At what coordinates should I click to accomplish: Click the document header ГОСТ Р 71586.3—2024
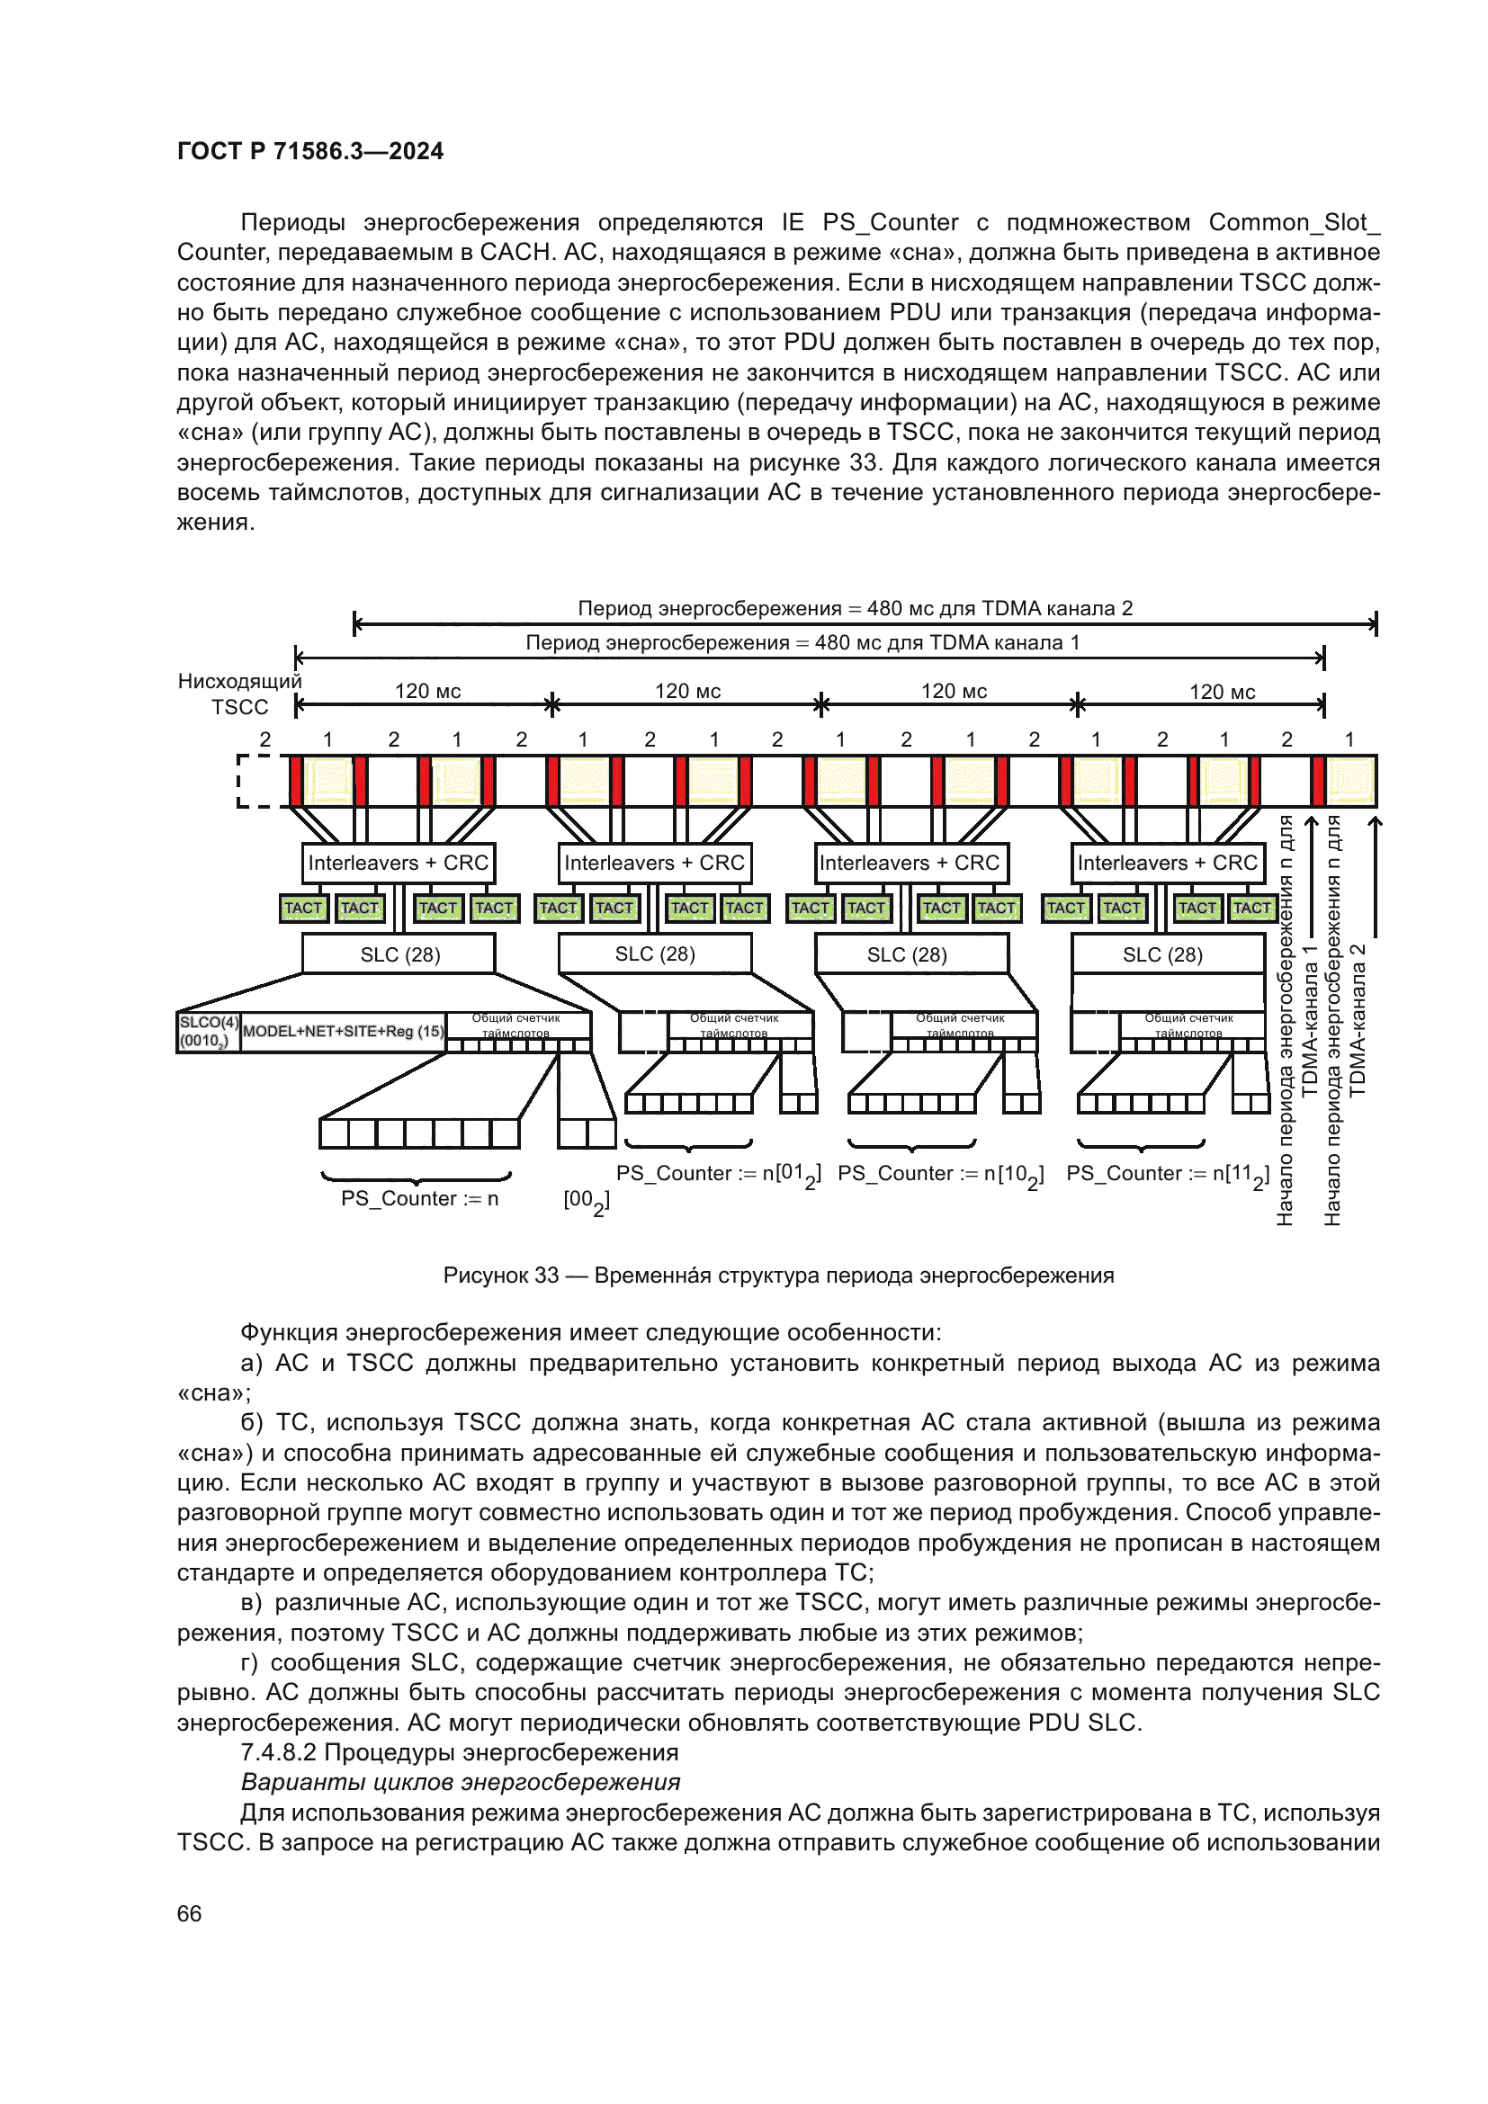(309, 151)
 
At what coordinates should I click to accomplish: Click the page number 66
(189, 1913)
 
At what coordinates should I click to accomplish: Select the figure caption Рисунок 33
(778, 1276)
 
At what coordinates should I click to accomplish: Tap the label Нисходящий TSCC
(239, 694)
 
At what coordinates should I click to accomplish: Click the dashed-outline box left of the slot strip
(259, 781)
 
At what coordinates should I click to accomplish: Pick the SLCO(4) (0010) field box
(209, 1031)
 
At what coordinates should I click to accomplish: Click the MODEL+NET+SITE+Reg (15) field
(344, 1031)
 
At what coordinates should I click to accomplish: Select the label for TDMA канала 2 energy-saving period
(854, 608)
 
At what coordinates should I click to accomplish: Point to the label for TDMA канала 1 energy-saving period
(802, 642)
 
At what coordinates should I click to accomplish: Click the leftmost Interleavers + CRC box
(398, 863)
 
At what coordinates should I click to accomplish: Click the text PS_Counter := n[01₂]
(718, 1174)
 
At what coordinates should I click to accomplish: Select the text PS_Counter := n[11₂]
(1168, 1174)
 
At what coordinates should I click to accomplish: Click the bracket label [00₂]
(587, 1201)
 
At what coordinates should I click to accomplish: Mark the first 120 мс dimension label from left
(427, 691)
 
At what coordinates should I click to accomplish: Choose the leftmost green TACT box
(303, 908)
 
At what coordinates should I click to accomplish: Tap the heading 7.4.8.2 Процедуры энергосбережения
(459, 1752)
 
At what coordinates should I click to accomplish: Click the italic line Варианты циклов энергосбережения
(460, 1782)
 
